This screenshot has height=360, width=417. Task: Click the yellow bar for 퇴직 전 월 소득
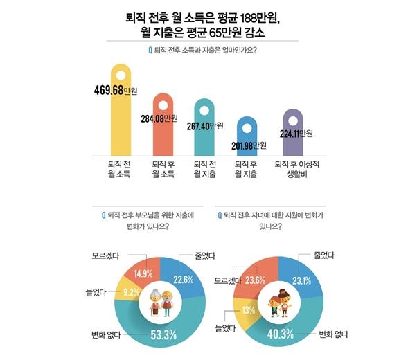(x=123, y=118)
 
